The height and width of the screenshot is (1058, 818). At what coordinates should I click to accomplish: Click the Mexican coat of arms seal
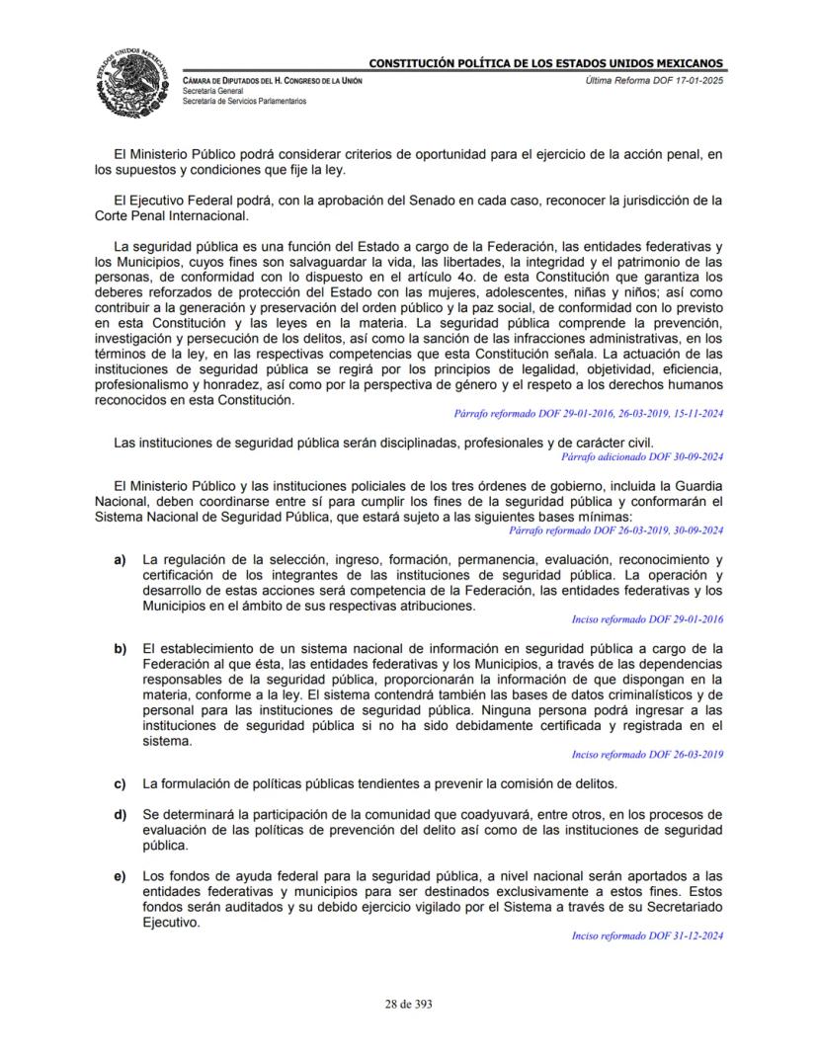(134, 78)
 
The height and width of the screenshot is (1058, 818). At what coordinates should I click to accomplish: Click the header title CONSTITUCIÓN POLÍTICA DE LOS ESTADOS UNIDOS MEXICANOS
(546, 64)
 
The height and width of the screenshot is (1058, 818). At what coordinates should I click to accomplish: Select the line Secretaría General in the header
(213, 91)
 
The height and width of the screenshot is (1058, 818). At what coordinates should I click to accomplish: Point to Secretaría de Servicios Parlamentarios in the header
(244, 101)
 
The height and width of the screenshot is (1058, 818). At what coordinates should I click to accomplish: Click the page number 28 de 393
(409, 1005)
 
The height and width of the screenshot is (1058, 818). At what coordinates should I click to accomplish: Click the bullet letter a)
(120, 560)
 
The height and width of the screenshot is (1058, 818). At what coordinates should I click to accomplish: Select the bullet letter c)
(120, 784)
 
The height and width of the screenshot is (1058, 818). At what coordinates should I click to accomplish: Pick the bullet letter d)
(120, 815)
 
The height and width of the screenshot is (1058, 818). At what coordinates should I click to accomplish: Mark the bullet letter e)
(120, 876)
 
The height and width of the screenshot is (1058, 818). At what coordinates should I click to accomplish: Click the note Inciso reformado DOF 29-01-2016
(647, 619)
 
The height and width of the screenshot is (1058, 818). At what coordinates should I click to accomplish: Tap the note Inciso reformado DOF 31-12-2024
(647, 936)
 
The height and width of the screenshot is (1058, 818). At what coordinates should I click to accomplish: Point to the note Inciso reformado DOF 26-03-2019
(647, 755)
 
